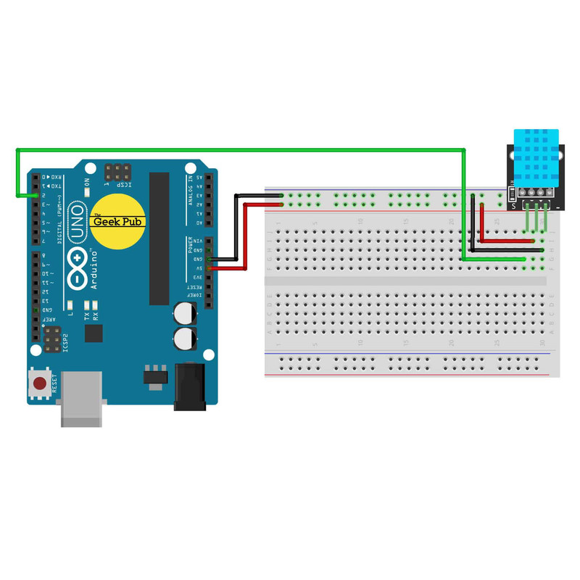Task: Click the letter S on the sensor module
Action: click(513, 206)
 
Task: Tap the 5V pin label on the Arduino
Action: click(199, 268)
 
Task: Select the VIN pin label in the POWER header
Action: click(199, 241)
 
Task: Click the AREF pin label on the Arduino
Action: click(44, 320)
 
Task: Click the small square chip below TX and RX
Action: click(94, 333)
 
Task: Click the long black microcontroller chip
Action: click(159, 239)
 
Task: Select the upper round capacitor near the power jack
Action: click(184, 313)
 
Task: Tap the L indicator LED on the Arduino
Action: click(71, 305)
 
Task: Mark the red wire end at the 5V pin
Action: click(210, 269)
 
